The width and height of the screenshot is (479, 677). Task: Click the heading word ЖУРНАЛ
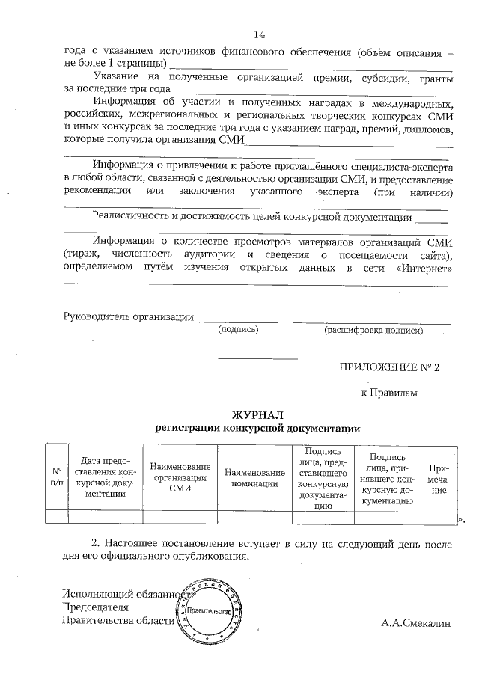pos(257,416)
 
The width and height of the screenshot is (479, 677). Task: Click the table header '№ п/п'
pos(56,477)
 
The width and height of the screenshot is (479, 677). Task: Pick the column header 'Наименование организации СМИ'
pos(180,477)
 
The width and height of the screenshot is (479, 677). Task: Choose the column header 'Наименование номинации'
pos(254,477)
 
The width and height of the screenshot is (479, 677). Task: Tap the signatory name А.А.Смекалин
pos(416,622)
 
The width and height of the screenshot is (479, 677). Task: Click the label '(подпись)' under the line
pos(237,329)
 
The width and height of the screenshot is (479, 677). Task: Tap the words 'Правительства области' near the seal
pos(118,620)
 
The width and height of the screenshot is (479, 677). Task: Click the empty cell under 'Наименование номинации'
pos(254,515)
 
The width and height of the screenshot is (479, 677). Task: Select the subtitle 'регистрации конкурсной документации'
pos(257,429)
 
